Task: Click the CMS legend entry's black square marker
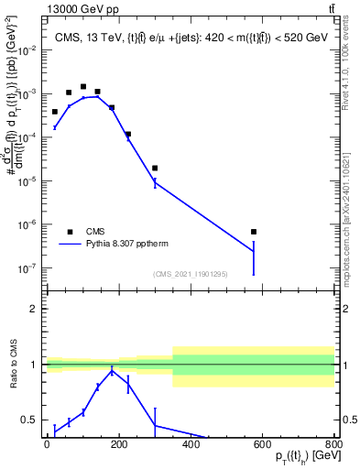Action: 70,232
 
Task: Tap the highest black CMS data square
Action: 83,87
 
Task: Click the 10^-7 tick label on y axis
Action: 27,268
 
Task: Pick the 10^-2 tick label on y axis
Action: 27,50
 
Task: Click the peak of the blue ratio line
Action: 112,370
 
